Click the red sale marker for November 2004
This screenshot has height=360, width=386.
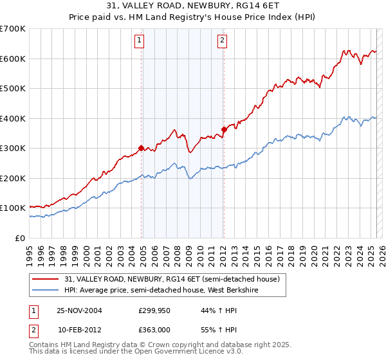[x=141, y=148]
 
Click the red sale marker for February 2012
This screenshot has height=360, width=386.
[x=223, y=130]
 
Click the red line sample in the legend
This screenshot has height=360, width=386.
[x=46, y=280]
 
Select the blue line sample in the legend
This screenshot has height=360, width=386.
[x=46, y=291]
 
